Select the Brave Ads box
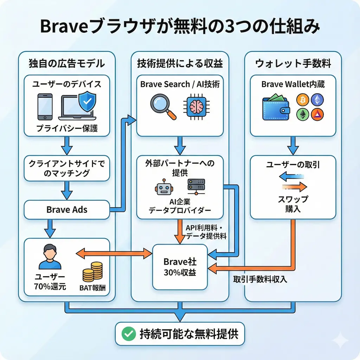tap(67, 210)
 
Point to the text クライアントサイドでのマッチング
tap(67, 168)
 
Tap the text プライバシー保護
tap(67, 129)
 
